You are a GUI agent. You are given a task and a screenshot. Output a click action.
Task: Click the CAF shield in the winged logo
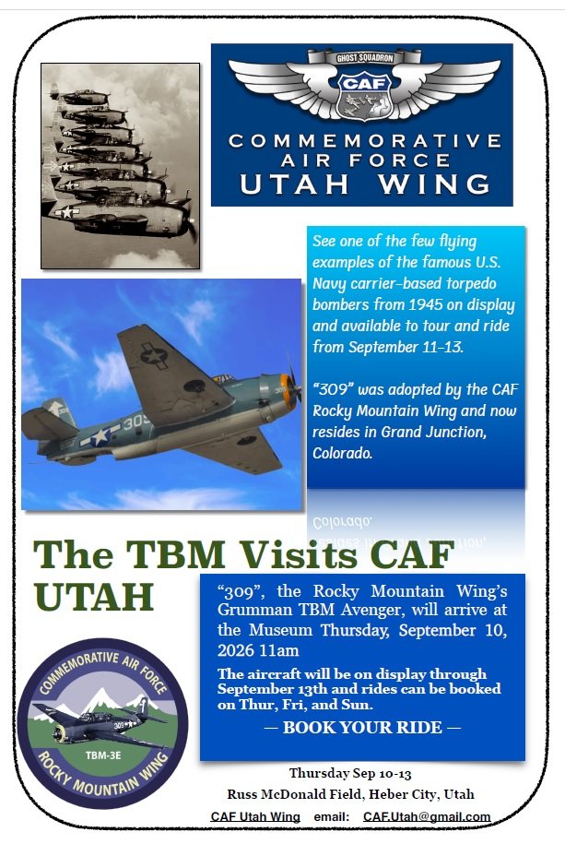364,95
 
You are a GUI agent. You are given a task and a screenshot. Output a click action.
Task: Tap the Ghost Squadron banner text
364,57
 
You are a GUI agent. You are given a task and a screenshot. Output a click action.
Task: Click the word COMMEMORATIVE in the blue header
365,141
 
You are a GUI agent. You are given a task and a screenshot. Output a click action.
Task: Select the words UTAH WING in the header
365,184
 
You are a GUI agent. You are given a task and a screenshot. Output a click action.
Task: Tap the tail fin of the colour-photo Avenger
58,411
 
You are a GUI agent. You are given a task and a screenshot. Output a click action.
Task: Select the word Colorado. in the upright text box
342,453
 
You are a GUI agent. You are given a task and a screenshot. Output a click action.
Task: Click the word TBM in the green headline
175,554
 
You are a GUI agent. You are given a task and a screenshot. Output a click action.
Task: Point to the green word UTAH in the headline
94,597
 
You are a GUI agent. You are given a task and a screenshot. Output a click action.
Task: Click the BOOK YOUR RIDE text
362,727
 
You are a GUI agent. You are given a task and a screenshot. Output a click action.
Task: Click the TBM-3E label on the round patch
103,755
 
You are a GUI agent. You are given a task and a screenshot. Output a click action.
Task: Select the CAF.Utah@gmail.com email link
427,816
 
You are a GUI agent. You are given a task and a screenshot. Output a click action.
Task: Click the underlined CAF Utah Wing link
255,816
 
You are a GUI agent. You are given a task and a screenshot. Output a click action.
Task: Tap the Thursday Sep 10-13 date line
350,774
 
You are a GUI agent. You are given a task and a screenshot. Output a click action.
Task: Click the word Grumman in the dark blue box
248,611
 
